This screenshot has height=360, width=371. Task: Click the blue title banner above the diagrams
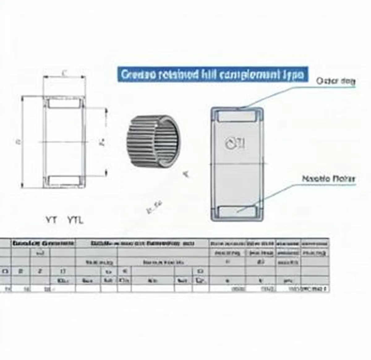tap(213, 74)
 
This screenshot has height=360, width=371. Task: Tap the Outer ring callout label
tap(335, 81)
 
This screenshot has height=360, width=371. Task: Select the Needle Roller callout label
tap(328, 179)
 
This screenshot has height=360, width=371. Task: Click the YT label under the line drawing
tap(51, 220)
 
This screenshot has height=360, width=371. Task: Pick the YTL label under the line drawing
tap(75, 220)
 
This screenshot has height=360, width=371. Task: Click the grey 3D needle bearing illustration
tap(154, 141)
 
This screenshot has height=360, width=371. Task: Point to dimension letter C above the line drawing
tap(64, 73)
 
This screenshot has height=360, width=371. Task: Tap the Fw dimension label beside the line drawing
tap(103, 142)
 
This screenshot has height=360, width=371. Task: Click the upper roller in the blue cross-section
tap(237, 116)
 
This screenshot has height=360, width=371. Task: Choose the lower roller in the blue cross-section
tap(237, 211)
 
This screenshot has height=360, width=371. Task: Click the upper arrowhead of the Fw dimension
tap(107, 110)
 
